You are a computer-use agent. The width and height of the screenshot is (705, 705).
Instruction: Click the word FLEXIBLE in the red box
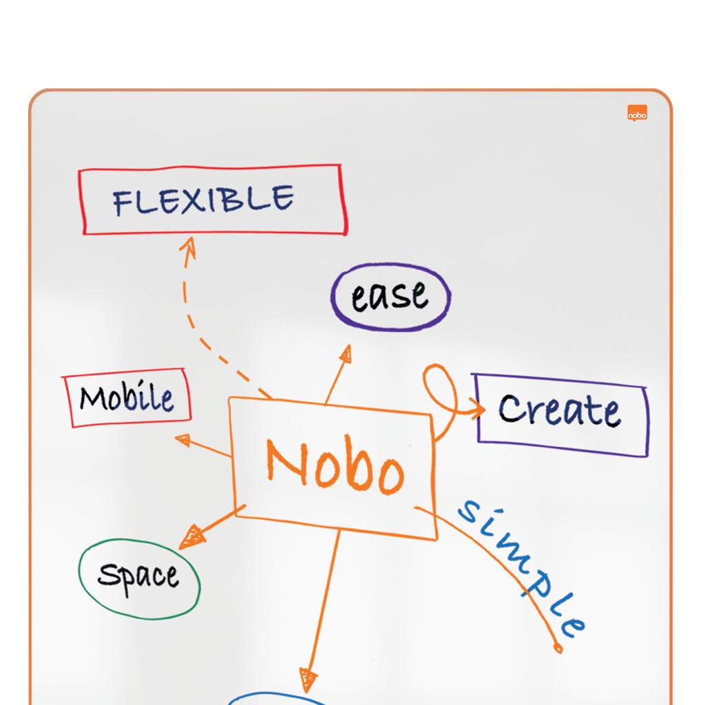(203, 200)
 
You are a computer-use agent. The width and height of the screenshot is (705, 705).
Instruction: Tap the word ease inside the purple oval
(390, 295)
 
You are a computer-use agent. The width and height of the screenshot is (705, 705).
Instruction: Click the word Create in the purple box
(560, 410)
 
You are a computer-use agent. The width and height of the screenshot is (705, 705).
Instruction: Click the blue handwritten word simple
(522, 567)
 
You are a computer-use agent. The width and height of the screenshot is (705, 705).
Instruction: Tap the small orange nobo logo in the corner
(637, 114)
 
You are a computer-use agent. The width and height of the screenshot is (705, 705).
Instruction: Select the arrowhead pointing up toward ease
(346, 353)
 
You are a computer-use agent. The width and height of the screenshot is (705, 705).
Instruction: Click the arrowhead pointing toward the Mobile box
(183, 439)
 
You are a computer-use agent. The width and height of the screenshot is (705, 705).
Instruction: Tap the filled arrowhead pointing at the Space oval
(192, 537)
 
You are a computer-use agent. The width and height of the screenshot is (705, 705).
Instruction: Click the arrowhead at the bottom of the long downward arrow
(308, 680)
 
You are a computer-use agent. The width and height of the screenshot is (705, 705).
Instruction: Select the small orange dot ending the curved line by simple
(558, 648)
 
